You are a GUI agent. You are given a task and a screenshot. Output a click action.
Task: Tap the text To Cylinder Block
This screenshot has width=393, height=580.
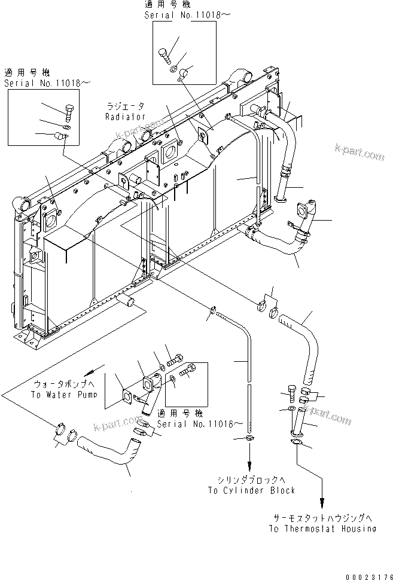(251, 490)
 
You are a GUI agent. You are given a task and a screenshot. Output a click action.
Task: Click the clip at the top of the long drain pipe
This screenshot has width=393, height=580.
(213, 310)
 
